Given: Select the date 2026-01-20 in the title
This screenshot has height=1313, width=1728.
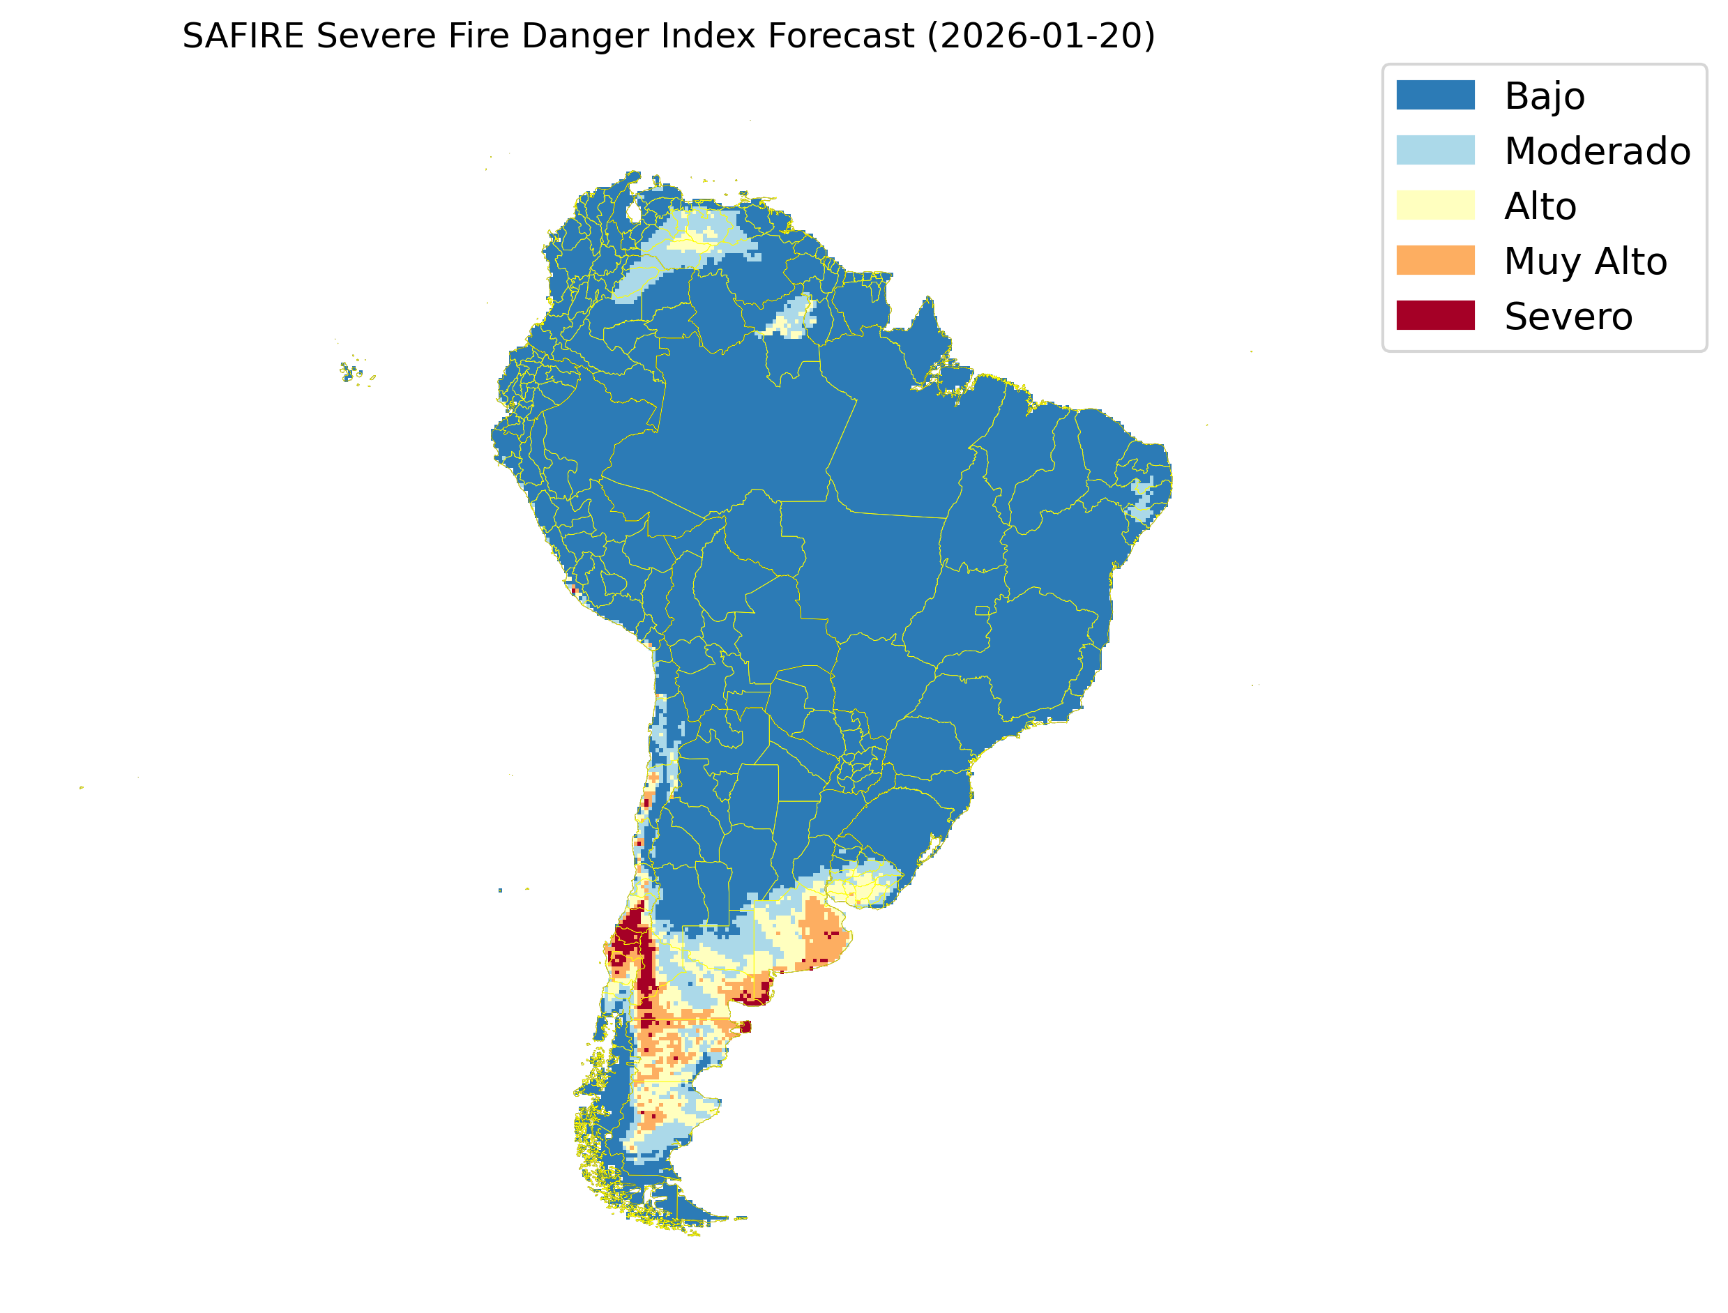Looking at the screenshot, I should [1041, 36].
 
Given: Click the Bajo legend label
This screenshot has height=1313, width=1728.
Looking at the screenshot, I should [1545, 96].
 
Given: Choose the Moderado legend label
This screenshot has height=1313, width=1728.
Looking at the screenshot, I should [1597, 151].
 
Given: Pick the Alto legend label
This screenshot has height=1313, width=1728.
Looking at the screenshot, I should [1540, 206].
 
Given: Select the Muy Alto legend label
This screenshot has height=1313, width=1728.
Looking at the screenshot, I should [1585, 261].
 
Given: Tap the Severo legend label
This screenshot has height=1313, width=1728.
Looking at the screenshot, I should [1568, 317].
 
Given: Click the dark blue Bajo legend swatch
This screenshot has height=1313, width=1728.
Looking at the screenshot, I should [1435, 96].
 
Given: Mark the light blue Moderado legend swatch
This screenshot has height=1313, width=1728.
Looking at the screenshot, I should [1435, 150].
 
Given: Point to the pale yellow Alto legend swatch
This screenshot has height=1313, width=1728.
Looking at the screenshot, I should [1435, 206].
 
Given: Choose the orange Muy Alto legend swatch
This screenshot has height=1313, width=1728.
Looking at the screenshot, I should [1435, 260].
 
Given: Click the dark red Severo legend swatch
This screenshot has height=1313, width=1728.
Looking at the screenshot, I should [1435, 316].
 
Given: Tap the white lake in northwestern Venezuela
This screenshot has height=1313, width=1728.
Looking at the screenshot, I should [634, 212].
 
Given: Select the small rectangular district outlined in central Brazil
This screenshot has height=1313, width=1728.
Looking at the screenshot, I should [982, 610].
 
